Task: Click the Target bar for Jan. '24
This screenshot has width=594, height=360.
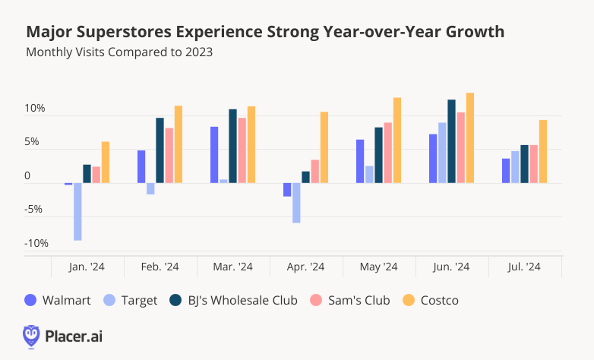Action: pos(77,212)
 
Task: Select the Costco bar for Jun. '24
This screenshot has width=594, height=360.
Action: pos(470,138)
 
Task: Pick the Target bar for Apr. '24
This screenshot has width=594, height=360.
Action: pos(296,203)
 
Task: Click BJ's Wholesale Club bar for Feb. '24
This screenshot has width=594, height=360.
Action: pos(160,150)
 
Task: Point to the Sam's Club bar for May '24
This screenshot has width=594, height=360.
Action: pos(387,153)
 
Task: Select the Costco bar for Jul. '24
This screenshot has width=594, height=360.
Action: pos(543,152)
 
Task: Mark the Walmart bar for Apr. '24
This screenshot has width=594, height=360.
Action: pos(287,190)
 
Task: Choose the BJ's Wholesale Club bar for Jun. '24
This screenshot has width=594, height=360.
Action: pos(452,141)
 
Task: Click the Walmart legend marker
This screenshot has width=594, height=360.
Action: pos(31,300)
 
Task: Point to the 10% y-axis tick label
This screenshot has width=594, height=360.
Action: pos(36,109)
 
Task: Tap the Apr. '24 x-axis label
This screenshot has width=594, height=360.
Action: pos(305,267)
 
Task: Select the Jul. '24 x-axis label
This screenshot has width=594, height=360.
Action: pos(524,267)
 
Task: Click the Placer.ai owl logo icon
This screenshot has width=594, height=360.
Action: pos(31,335)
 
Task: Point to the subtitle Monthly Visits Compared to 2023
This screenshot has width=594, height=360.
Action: pos(119,52)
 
